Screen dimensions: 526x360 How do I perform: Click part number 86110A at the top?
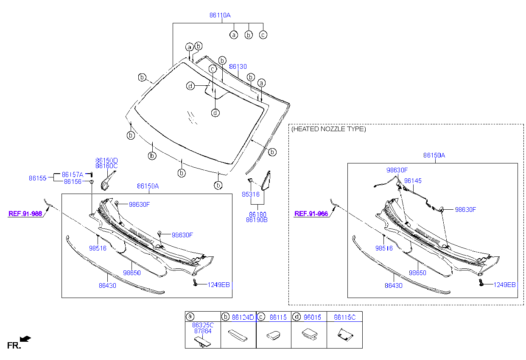pyautogui.click(x=220, y=15)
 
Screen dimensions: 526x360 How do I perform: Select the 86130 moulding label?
pyautogui.click(x=238, y=67)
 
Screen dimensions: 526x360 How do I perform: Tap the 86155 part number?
pyautogui.click(x=38, y=178)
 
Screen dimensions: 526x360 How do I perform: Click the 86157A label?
pyautogui.click(x=73, y=174)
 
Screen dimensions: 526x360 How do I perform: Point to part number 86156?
pyautogui.click(x=73, y=181)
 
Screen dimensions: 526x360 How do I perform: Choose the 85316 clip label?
pyautogui.click(x=251, y=194)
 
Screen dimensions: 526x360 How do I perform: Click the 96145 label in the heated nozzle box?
pyautogui.click(x=413, y=181)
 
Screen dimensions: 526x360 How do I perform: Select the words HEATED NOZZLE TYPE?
pyautogui.click(x=329, y=129)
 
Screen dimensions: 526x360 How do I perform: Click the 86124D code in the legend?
pyautogui.click(x=243, y=318)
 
